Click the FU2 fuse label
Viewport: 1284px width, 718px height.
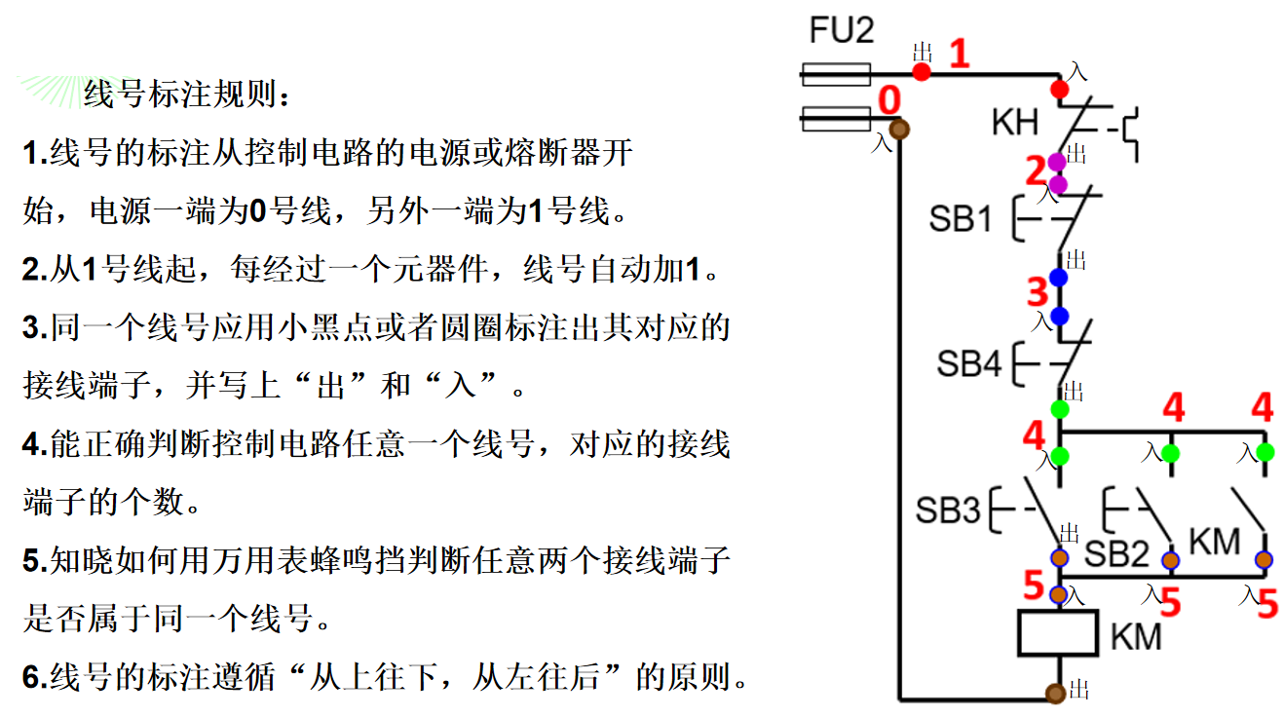tap(842, 31)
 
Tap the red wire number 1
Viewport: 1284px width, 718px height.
tap(960, 53)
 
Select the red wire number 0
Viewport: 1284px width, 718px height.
tap(889, 101)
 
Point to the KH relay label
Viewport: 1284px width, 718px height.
tap(1015, 123)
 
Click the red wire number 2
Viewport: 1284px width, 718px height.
tap(1036, 172)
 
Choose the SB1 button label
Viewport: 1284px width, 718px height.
tap(961, 219)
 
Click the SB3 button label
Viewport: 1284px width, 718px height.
tap(948, 510)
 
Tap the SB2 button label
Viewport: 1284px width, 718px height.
tap(1117, 554)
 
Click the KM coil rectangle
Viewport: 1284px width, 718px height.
tap(1058, 634)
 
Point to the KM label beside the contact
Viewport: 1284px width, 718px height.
tap(1215, 542)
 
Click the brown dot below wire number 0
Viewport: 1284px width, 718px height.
tap(899, 129)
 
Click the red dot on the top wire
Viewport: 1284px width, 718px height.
tap(922, 72)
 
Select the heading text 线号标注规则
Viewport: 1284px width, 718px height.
tap(185, 95)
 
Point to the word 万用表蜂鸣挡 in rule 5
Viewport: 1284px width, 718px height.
tap(316, 561)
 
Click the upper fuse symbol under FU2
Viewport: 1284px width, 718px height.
tap(835, 71)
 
